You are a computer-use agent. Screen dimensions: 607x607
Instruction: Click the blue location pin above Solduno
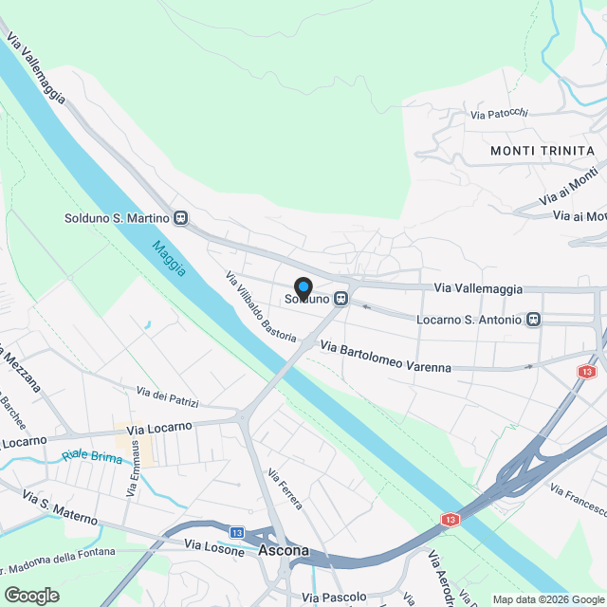point(303,287)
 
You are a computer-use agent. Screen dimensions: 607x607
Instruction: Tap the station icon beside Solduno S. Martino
point(180,217)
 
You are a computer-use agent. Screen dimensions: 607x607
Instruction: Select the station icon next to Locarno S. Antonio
point(533,320)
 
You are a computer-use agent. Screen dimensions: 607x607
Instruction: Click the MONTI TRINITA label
point(543,151)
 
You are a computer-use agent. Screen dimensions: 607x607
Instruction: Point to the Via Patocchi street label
point(499,115)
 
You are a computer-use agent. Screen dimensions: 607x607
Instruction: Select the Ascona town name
point(283,551)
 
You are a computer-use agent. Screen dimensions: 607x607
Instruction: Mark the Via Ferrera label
point(285,489)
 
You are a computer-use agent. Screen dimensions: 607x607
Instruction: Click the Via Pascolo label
point(334,598)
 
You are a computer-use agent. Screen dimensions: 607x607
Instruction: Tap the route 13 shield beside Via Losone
point(237,532)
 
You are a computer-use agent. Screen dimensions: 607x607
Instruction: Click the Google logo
point(31,596)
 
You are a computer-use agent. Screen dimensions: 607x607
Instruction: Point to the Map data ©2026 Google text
point(545,599)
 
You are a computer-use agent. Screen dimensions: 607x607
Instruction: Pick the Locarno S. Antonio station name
point(469,320)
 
